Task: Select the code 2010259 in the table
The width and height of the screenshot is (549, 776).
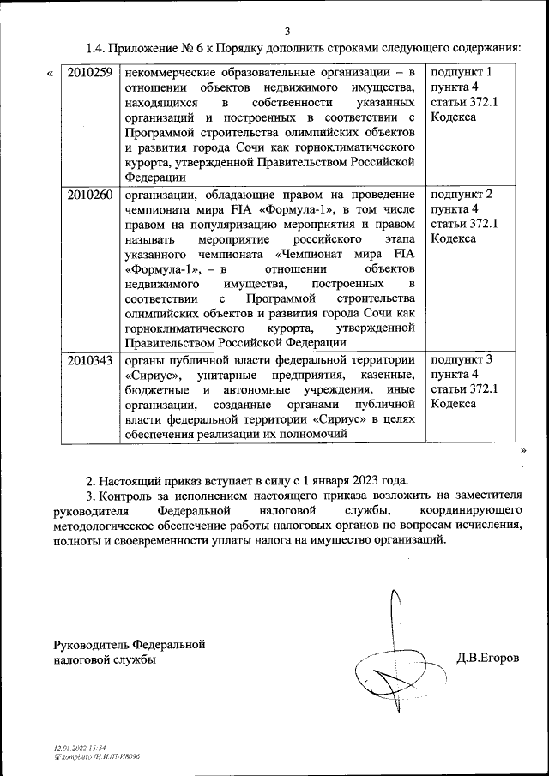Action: pos(89,73)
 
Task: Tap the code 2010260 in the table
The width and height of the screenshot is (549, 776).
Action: pos(89,195)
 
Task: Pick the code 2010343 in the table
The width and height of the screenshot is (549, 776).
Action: pos(89,360)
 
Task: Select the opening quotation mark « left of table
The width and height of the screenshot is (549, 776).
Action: pos(49,74)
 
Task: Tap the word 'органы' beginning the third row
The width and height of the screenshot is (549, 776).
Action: pos(143,359)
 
